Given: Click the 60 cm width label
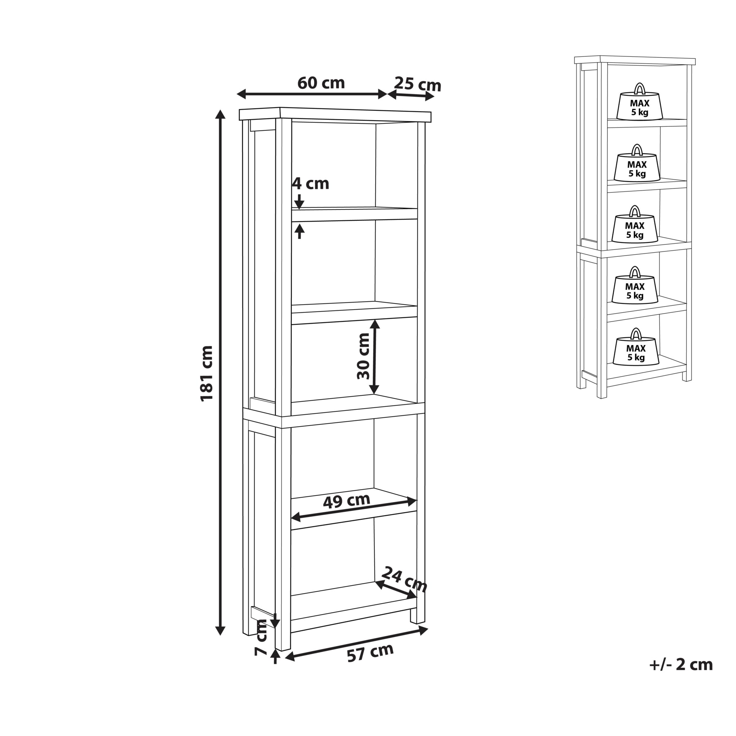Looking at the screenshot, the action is pos(321,83).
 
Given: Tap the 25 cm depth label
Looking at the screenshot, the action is pos(418,84).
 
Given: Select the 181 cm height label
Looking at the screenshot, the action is pos(207,373).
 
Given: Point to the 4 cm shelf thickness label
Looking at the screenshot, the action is pos(311,184).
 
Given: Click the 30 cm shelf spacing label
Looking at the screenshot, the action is pos(363,356).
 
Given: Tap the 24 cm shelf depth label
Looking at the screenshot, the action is pos(404,580).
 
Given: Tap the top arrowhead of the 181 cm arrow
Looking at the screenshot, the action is pos(221,115).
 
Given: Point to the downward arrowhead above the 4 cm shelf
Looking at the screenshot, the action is pos(299,204).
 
